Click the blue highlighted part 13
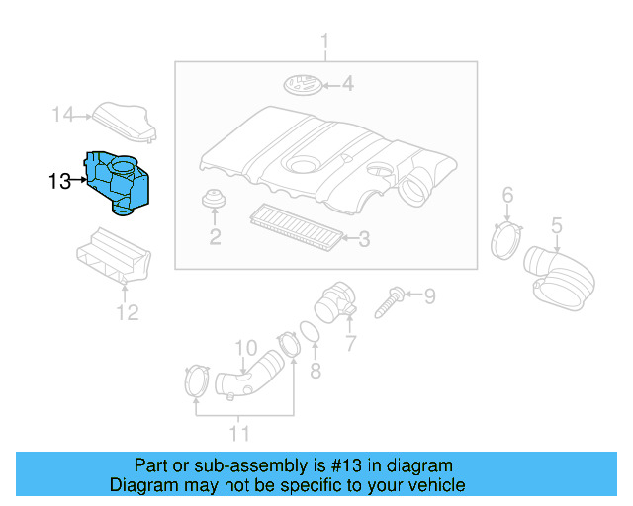[118, 182]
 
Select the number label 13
[59, 181]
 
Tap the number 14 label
[63, 116]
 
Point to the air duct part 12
[115, 256]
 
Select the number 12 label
[128, 314]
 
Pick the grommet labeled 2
[212, 202]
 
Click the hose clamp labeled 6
[506, 239]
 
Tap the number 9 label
[429, 295]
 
